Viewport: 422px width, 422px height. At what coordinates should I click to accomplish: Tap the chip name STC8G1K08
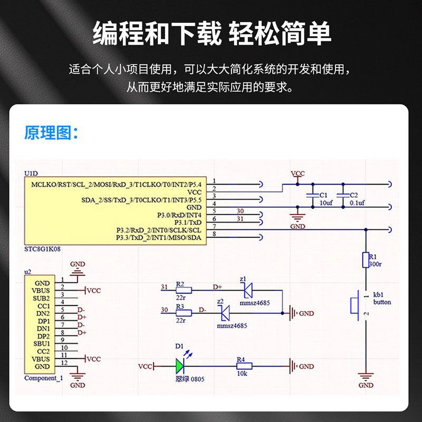(x=43, y=249)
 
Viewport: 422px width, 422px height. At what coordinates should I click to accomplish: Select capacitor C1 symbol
(x=312, y=195)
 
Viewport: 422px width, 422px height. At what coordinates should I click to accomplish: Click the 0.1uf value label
(x=357, y=203)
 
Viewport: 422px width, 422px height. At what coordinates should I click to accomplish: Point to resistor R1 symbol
(x=366, y=260)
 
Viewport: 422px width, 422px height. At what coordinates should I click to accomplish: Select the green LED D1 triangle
(x=180, y=366)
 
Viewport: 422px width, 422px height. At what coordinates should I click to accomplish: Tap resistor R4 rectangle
(x=244, y=366)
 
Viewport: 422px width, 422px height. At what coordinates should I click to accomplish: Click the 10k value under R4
(x=242, y=373)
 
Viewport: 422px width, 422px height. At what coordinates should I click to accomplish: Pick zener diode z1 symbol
(x=248, y=290)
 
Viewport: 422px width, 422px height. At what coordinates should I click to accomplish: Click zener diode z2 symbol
(x=225, y=313)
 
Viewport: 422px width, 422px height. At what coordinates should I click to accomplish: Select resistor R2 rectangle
(x=184, y=290)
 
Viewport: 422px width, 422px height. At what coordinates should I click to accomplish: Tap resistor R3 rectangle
(x=184, y=313)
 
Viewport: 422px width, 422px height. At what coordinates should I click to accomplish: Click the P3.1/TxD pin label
(x=188, y=223)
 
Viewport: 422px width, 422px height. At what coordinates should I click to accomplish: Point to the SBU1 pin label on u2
(x=42, y=344)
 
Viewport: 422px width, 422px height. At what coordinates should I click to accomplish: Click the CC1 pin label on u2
(x=44, y=306)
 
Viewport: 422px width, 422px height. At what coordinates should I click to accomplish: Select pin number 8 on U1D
(x=214, y=234)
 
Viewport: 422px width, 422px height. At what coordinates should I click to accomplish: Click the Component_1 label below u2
(x=44, y=378)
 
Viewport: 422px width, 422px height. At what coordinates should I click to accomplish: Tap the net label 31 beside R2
(x=164, y=287)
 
